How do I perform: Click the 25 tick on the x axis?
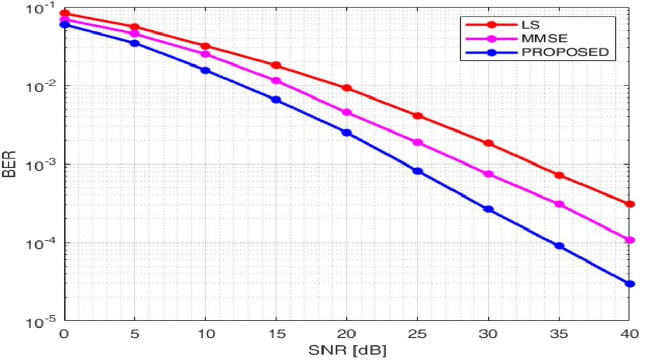[x=417, y=335]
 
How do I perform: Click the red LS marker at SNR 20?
[x=347, y=88]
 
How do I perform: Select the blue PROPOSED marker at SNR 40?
[x=630, y=284]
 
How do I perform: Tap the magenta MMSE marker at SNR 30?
[x=489, y=174]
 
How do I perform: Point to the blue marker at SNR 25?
[x=417, y=171]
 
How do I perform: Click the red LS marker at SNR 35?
[x=559, y=175]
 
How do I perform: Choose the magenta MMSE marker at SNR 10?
[x=206, y=54]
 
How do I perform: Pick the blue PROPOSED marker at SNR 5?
[x=135, y=43]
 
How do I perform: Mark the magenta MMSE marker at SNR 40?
[x=630, y=240]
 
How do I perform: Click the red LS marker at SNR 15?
[x=276, y=65]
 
